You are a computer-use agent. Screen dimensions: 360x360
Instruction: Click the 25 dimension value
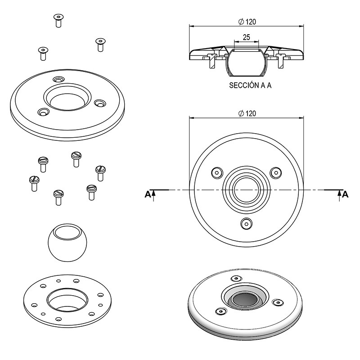(246, 38)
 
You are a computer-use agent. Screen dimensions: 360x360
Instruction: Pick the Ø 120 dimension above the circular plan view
(246, 113)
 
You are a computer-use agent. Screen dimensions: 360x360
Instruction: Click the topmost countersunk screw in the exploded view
(58, 19)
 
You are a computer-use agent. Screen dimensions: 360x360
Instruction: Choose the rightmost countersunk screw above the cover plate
(100, 44)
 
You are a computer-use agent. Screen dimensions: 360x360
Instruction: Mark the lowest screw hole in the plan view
(246, 222)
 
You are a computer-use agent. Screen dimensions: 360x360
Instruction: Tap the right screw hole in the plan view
(275, 172)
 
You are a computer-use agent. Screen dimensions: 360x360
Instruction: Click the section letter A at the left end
(147, 194)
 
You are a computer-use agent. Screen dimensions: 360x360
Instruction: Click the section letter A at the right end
(345, 194)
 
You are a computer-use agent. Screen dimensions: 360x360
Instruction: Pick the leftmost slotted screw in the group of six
(34, 182)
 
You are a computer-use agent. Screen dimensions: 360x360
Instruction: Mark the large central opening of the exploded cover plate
(67, 98)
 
